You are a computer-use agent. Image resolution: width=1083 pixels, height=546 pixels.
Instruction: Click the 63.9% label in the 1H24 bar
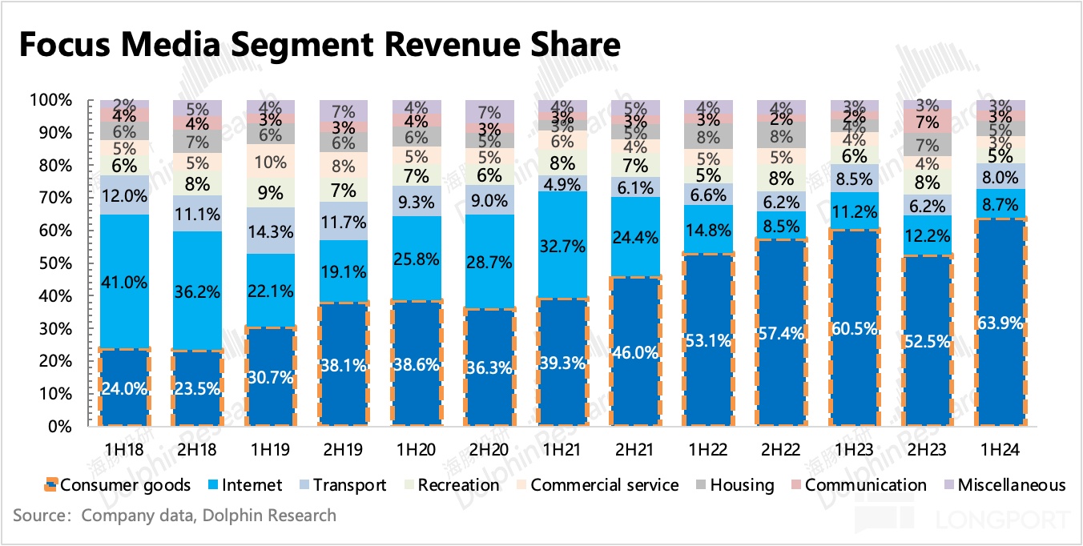click(1001, 323)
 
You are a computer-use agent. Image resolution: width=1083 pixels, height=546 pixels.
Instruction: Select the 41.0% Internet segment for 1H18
click(123, 281)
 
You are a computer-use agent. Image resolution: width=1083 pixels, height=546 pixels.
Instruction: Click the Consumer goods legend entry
click(118, 485)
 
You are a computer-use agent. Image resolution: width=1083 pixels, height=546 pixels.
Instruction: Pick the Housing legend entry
click(735, 485)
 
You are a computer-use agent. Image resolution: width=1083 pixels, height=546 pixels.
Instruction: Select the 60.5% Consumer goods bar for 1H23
click(855, 328)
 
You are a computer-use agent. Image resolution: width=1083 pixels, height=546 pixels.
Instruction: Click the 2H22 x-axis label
click(781, 451)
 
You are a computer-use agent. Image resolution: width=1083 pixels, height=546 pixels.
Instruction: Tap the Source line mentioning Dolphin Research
click(175, 515)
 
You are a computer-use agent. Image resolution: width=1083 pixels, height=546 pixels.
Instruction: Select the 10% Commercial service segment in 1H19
click(270, 163)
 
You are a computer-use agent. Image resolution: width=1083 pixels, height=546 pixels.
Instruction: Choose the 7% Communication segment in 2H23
click(928, 122)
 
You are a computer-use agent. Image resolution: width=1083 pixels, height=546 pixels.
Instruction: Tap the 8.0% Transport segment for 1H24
click(1001, 176)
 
